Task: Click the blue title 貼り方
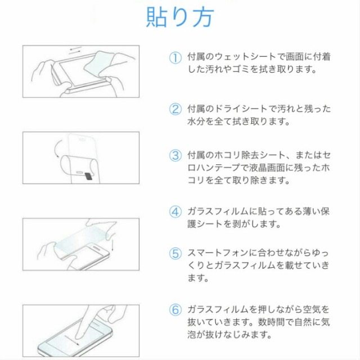tap(180, 17)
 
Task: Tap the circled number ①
tap(175, 57)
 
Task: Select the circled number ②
tap(175, 109)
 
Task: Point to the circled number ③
tap(175, 155)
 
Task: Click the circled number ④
tap(175, 211)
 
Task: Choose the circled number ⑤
tap(175, 254)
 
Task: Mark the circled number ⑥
tap(175, 309)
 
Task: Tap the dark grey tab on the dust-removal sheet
tap(88, 176)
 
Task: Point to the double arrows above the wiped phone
tap(75, 51)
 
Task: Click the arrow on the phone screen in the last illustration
tap(71, 340)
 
